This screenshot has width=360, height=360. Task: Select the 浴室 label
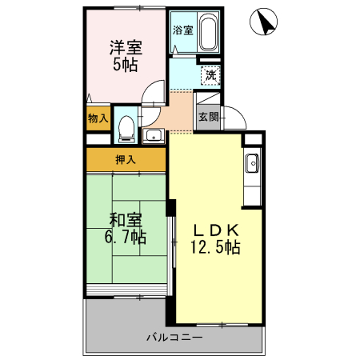pos(182,31)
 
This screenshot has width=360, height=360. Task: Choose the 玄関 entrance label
pos(208,116)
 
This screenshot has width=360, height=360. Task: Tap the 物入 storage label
pos(98,118)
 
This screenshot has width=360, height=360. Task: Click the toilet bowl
pos(126,127)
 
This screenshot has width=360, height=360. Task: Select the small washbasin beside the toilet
pos(153,134)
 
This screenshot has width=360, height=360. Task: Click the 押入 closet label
pos(126,159)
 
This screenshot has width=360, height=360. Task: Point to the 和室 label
pos(126,218)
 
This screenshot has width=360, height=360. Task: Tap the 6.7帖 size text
pos(126,237)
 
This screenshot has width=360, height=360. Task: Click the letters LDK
pos(214,230)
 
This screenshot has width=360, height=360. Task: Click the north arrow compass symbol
pos(263,23)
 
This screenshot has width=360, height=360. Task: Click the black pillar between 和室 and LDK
pos(170,207)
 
